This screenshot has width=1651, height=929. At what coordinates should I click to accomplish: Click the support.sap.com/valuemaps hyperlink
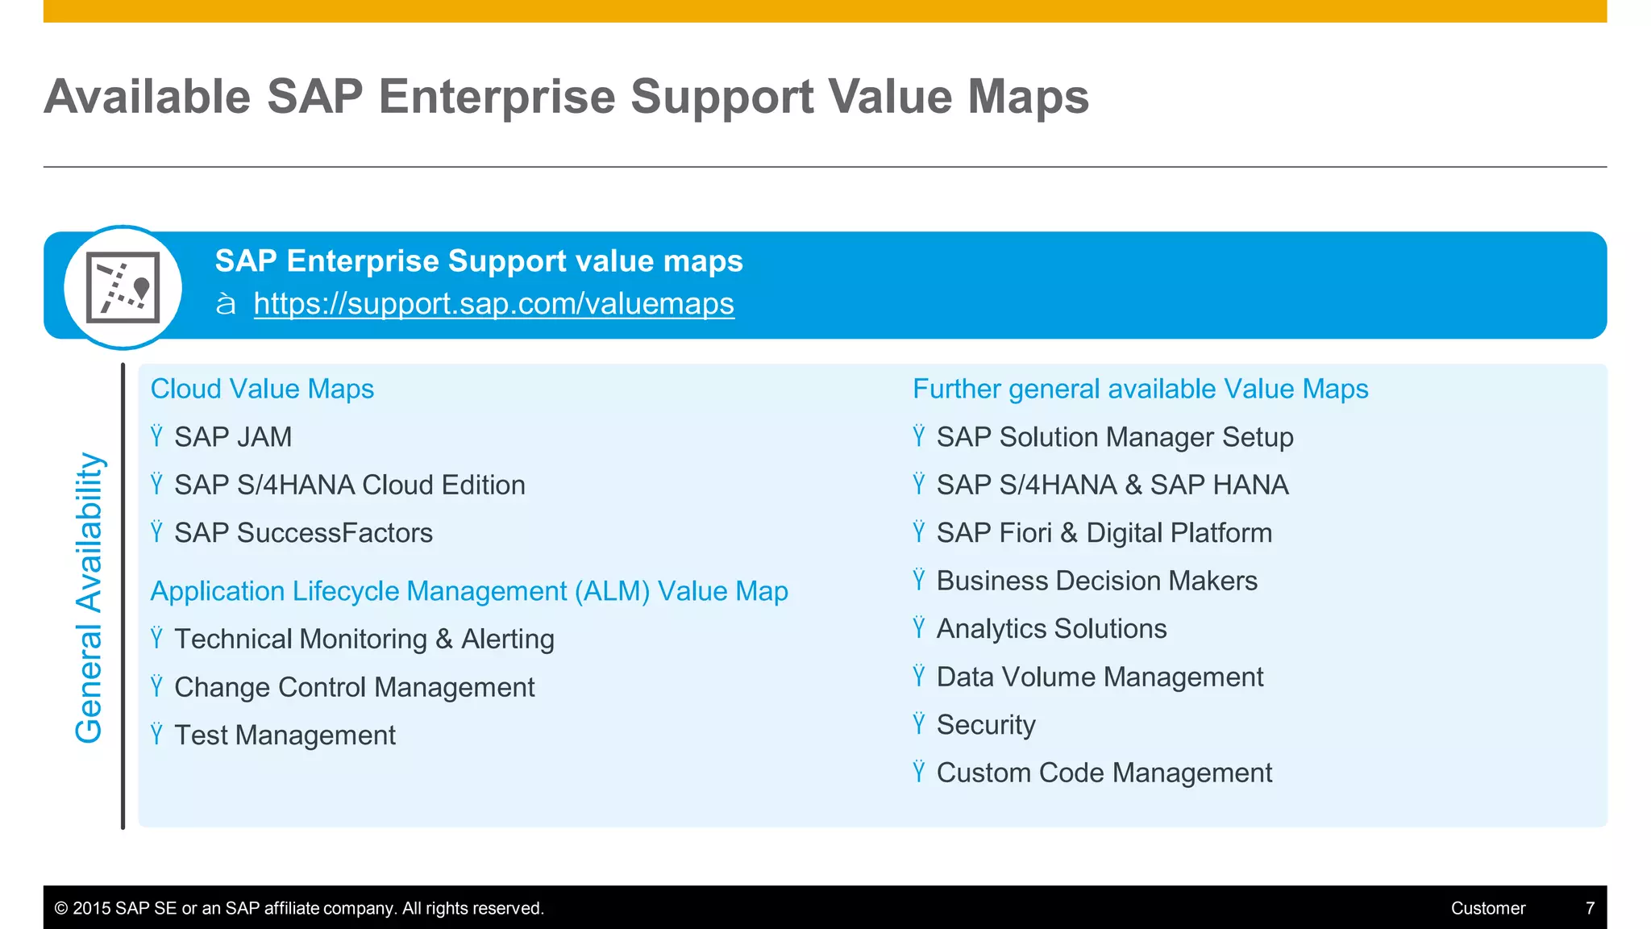pyautogui.click(x=493, y=304)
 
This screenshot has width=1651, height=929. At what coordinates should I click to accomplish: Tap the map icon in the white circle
pyautogui.click(x=123, y=288)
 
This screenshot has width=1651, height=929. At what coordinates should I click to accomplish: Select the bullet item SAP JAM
pyautogui.click(x=232, y=437)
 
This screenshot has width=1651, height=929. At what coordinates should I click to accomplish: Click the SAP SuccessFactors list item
pyautogui.click(x=303, y=533)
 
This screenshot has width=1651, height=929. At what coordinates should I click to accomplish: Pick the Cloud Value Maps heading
pyautogui.click(x=262, y=389)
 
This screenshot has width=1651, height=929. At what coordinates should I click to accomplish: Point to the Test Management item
pyautogui.click(x=285, y=735)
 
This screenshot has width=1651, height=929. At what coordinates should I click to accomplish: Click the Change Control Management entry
pyautogui.click(x=354, y=687)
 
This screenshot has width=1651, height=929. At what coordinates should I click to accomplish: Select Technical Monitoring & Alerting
pyautogui.click(x=364, y=639)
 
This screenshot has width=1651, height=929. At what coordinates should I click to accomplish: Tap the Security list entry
pyautogui.click(x=985, y=725)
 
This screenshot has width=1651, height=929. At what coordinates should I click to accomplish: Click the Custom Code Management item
pyautogui.click(x=1104, y=773)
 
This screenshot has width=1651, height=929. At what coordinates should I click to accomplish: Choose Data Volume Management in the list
pyautogui.click(x=1100, y=677)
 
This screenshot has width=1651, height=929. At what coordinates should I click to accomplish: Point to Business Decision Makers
pyautogui.click(x=1096, y=581)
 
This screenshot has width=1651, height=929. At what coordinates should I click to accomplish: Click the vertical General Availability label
pyautogui.click(x=89, y=597)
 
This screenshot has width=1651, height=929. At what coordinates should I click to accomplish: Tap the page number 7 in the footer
pyautogui.click(x=1590, y=908)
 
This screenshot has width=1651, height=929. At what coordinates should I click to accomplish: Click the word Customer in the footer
pyautogui.click(x=1487, y=908)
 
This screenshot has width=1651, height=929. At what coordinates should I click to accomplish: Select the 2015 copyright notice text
pyautogui.click(x=299, y=908)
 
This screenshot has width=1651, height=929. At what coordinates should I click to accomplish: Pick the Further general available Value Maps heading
pyautogui.click(x=1140, y=389)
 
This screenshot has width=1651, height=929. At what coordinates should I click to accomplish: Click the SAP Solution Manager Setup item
pyautogui.click(x=1114, y=437)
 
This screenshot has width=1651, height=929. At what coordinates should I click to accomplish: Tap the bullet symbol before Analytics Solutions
pyautogui.click(x=919, y=627)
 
